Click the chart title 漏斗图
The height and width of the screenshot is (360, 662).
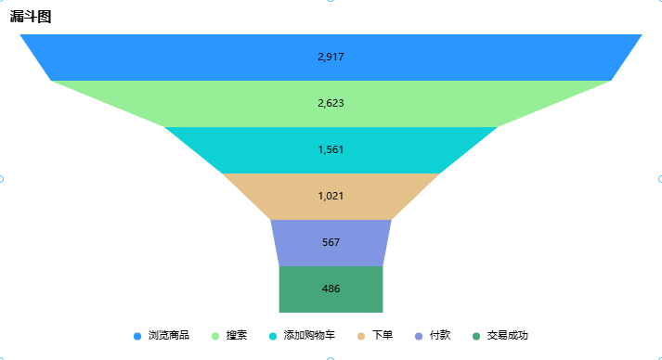click(x=31, y=17)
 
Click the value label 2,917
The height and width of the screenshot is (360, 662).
click(x=331, y=58)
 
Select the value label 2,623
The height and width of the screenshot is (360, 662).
click(x=331, y=104)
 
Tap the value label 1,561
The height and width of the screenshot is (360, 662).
click(x=331, y=150)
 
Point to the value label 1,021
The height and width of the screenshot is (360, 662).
click(x=331, y=197)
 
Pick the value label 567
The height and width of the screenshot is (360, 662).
click(x=331, y=243)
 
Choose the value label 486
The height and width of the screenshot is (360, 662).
click(x=331, y=289)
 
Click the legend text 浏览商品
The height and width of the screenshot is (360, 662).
click(x=168, y=336)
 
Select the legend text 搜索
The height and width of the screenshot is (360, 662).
click(x=237, y=336)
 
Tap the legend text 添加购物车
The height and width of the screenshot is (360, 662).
click(x=309, y=336)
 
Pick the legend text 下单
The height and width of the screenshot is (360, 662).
click(x=383, y=336)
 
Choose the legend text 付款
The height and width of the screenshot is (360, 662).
click(x=440, y=336)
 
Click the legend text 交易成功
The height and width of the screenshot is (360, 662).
click(x=508, y=336)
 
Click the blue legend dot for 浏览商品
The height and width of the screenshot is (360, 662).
click(x=137, y=336)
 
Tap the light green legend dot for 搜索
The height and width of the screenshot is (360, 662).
click(x=215, y=336)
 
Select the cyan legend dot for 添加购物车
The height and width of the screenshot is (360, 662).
click(x=273, y=336)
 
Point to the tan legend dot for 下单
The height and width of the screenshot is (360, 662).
click(x=361, y=336)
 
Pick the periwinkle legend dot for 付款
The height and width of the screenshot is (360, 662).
click(x=419, y=336)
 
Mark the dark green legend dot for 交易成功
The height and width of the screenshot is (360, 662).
click(x=476, y=336)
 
